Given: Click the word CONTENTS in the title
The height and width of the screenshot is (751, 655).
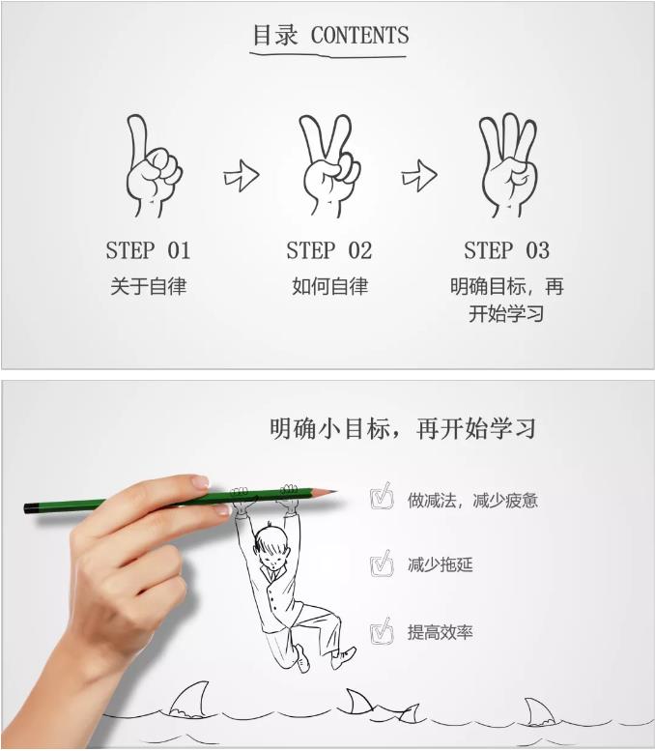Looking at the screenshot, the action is [359, 35].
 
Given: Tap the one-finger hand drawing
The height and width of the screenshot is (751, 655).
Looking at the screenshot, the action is [154, 166].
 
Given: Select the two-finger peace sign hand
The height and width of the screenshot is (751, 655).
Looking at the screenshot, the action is [328, 166].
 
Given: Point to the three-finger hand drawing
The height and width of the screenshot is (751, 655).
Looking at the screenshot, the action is [508, 165].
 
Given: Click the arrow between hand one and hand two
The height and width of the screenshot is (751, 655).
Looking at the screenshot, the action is [242, 176].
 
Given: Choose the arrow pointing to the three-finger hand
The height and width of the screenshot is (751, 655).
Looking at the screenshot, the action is [419, 176].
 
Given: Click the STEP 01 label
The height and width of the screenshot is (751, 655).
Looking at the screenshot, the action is [148, 250].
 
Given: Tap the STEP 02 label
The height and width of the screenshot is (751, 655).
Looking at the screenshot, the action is [328, 250].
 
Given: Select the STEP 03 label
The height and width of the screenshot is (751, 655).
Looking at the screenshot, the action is [506, 250].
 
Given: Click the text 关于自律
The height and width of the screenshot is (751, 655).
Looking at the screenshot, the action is [148, 286].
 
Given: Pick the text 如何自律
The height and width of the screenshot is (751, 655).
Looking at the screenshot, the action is [329, 286].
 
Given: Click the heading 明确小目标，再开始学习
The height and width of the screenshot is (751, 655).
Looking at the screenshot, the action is [402, 428].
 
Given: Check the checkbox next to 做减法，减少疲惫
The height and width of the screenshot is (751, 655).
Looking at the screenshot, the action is [383, 496].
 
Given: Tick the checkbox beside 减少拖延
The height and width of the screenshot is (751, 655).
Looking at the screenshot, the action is [383, 563].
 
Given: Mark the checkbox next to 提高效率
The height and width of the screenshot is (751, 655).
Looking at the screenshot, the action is [383, 631].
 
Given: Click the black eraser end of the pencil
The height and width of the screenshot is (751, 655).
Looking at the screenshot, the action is [31, 508].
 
